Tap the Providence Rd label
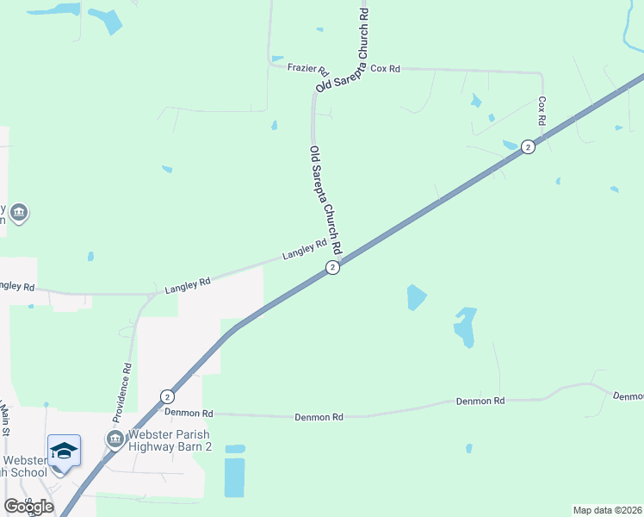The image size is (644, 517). click(127, 378)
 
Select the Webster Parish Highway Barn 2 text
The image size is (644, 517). click(170, 440)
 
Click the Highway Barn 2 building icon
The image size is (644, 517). click(114, 440)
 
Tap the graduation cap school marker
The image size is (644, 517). click(64, 452)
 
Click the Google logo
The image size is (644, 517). click(28, 506)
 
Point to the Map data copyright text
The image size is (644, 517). click(608, 510)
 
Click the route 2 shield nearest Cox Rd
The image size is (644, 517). click(528, 147)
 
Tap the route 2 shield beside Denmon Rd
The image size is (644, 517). click(167, 396)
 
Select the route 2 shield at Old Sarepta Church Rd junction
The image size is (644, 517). click(333, 268)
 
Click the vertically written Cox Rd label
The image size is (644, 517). click(542, 111)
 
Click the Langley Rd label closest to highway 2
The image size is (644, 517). click(305, 251)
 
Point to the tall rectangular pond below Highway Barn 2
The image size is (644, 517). click(234, 477)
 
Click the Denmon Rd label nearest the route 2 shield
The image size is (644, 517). click(189, 413)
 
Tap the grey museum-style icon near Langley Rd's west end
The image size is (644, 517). click(19, 211)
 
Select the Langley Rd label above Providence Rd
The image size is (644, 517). click(188, 285)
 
